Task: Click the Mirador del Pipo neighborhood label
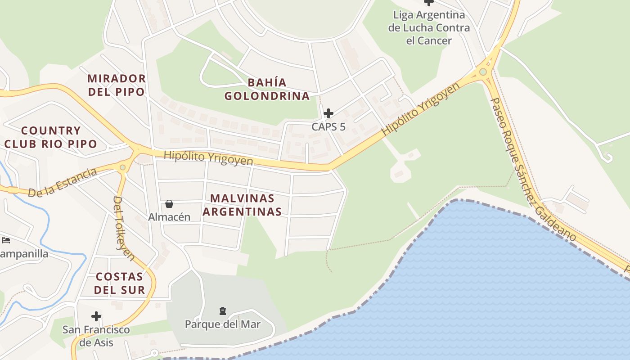(117, 85)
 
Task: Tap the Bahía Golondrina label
(267, 89)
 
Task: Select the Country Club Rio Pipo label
(51, 137)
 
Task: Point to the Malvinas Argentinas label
(243, 205)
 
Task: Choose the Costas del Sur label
(120, 283)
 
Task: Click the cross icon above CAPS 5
(328, 113)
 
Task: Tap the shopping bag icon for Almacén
(169, 204)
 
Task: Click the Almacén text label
(169, 217)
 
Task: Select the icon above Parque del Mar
(222, 310)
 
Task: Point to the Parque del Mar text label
(223, 324)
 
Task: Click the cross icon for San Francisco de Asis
(96, 316)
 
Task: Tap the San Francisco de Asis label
(96, 336)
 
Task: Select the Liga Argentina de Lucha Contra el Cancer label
(429, 27)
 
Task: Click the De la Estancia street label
(62, 182)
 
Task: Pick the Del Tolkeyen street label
(124, 228)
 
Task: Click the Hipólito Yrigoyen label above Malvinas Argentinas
(208, 158)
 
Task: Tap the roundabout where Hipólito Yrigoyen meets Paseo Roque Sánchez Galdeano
(483, 72)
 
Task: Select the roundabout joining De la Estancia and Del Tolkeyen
(122, 167)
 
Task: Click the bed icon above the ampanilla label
(6, 240)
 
